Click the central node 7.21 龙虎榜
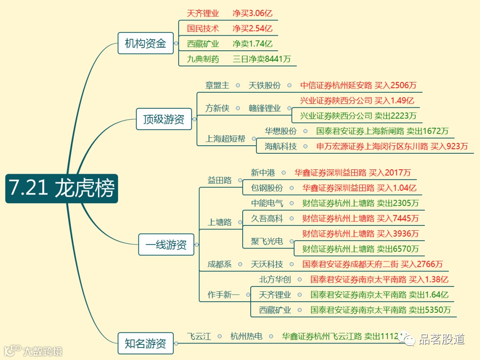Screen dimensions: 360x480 (x=61, y=188)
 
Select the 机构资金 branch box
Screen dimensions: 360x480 (x=146, y=43)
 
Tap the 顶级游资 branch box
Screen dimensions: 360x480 (x=164, y=119)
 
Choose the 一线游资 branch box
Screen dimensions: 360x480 (x=166, y=245)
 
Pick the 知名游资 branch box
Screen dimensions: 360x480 (x=146, y=344)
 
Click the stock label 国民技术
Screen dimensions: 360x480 (x=203, y=29)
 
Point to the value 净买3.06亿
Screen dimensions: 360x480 (x=252, y=13)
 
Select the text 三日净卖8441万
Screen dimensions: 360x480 (x=262, y=59)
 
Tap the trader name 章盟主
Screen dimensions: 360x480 (x=217, y=85)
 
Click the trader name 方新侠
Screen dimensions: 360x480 (x=217, y=108)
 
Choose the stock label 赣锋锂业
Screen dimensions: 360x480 (x=264, y=108)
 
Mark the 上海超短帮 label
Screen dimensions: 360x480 (x=225, y=139)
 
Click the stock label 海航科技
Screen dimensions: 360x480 (x=281, y=146)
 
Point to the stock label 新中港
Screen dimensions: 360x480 (x=263, y=173)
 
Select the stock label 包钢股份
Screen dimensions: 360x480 (x=267, y=188)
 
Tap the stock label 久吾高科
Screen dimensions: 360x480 (x=267, y=218)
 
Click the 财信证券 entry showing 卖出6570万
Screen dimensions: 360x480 (x=360, y=249)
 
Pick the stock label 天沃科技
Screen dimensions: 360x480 (x=267, y=264)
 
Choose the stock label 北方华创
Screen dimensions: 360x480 (x=275, y=279)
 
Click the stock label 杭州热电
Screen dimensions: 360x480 (x=246, y=336)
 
